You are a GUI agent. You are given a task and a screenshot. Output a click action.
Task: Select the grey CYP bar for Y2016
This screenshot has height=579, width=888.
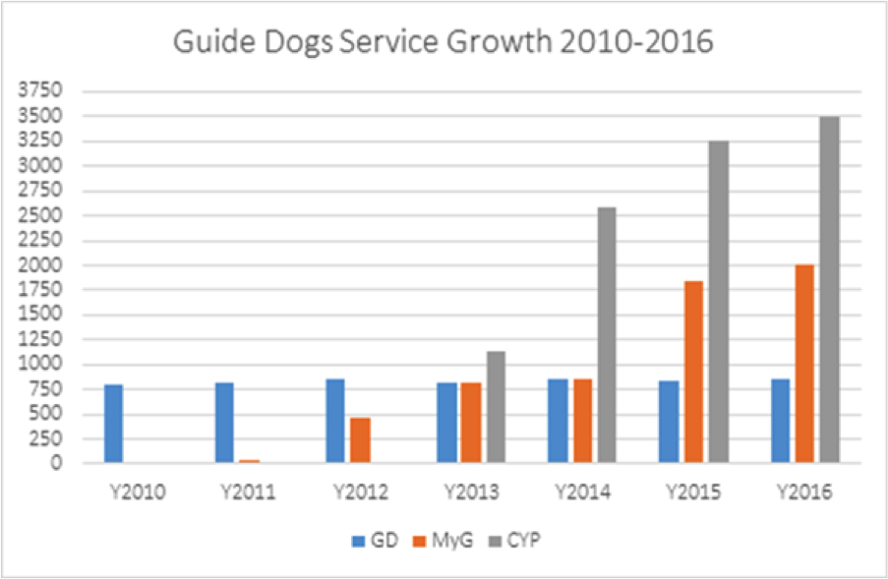(x=829, y=290)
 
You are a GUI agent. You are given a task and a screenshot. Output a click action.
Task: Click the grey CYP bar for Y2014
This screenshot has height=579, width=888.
(x=606, y=334)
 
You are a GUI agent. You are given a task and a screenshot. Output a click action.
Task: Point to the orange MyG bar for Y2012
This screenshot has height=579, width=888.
(x=360, y=440)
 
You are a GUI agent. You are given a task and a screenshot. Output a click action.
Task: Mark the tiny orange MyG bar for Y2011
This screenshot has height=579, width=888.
(x=249, y=460)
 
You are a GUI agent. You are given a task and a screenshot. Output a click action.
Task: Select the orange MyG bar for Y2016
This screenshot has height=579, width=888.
(x=804, y=364)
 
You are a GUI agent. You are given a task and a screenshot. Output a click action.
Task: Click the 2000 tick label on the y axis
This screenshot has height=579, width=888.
(x=44, y=265)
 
